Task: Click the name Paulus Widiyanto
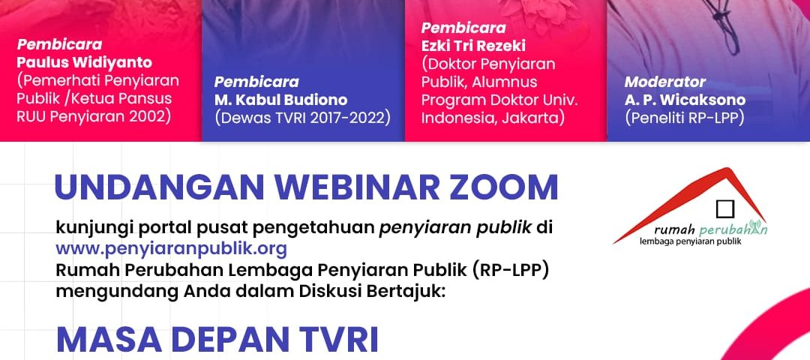84,63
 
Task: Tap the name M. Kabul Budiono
280,100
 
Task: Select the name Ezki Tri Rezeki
473,46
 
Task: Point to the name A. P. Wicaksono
685,100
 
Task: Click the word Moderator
664,82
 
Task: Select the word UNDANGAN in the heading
160,187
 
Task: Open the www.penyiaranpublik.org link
171,249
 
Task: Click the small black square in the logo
725,209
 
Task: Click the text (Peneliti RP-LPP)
685,118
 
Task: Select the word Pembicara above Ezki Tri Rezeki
463,28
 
